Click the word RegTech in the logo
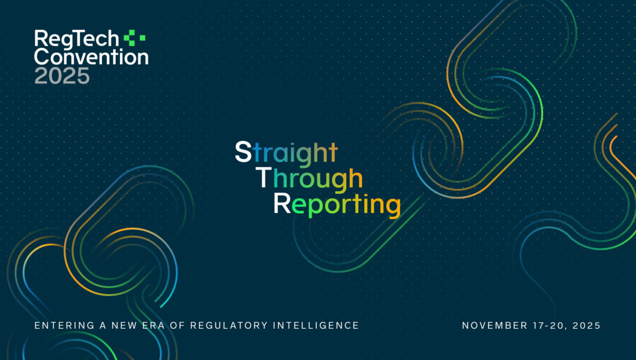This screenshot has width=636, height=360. pyautogui.click(x=77, y=40)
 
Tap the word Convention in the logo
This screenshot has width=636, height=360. pyautogui.click(x=91, y=57)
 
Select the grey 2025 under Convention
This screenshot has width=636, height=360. pyautogui.click(x=62, y=76)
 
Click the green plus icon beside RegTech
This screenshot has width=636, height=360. pyautogui.click(x=134, y=38)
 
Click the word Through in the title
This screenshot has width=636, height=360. pyautogui.click(x=309, y=178)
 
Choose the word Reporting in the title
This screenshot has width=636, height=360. pyautogui.click(x=337, y=204)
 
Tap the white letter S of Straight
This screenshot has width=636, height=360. pyautogui.click(x=244, y=152)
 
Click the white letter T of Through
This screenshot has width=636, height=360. pyautogui.click(x=263, y=177)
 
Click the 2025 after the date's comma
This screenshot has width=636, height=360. pyautogui.click(x=587, y=326)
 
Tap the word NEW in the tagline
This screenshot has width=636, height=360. pyautogui.click(x=124, y=326)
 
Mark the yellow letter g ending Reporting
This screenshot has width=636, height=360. pyautogui.click(x=393, y=206)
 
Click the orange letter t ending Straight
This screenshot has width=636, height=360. pyautogui.click(x=333, y=152)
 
